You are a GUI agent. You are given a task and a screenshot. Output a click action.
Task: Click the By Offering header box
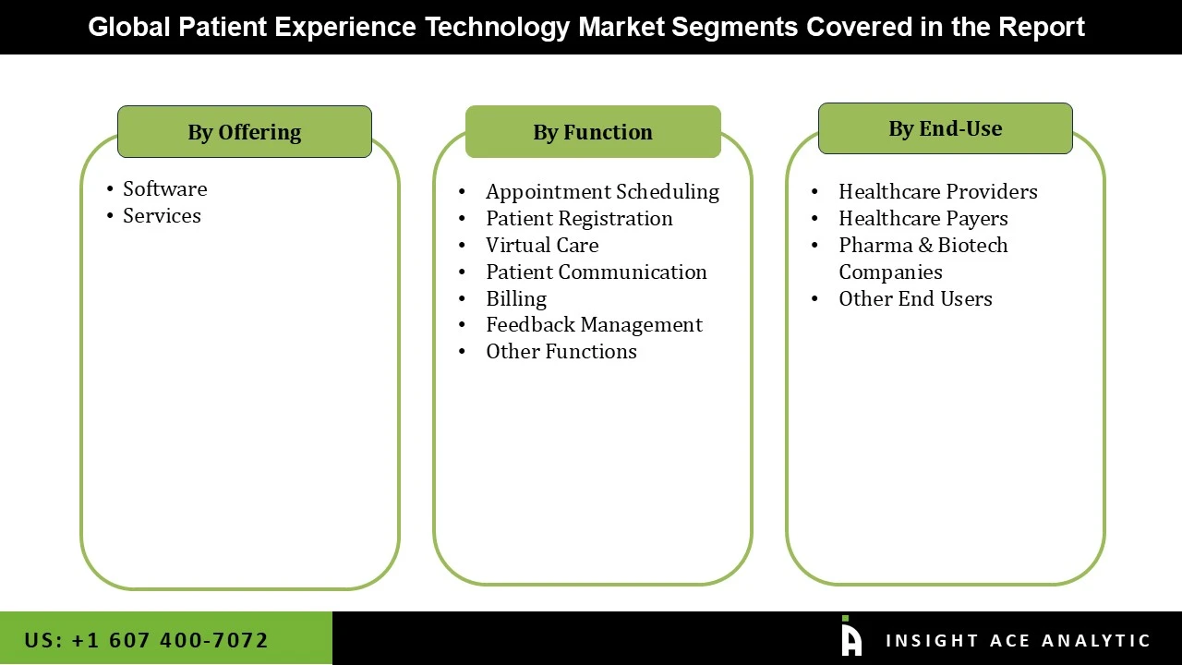pos(245,132)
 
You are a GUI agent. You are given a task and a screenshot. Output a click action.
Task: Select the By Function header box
pos(593,132)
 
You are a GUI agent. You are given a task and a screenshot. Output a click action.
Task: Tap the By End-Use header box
pos(945,128)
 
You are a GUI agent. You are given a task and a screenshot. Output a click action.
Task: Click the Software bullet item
pos(164,188)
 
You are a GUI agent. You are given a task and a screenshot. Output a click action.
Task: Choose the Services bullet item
pos(162,215)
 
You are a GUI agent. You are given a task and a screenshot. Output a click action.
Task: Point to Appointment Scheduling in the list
pos(602,191)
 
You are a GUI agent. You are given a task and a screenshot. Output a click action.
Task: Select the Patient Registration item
pos(579,218)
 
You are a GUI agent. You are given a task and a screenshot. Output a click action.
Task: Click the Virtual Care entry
pos(542,245)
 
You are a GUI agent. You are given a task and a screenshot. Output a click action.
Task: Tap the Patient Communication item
pos(596,272)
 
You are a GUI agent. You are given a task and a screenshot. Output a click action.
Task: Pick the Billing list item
pos(516,298)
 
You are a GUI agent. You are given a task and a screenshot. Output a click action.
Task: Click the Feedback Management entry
pos(594,324)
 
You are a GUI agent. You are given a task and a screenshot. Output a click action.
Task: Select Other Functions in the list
pos(561,351)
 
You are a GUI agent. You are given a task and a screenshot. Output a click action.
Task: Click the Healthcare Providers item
pos(937,191)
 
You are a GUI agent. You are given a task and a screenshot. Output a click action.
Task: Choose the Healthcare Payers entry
pos(923,218)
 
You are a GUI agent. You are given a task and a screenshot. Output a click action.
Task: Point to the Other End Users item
pos(915,298)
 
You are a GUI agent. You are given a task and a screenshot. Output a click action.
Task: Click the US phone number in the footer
pos(146,640)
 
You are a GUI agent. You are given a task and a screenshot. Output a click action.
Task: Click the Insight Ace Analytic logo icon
pos(850,637)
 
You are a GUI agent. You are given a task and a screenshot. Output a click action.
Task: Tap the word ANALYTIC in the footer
pos(1096,640)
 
